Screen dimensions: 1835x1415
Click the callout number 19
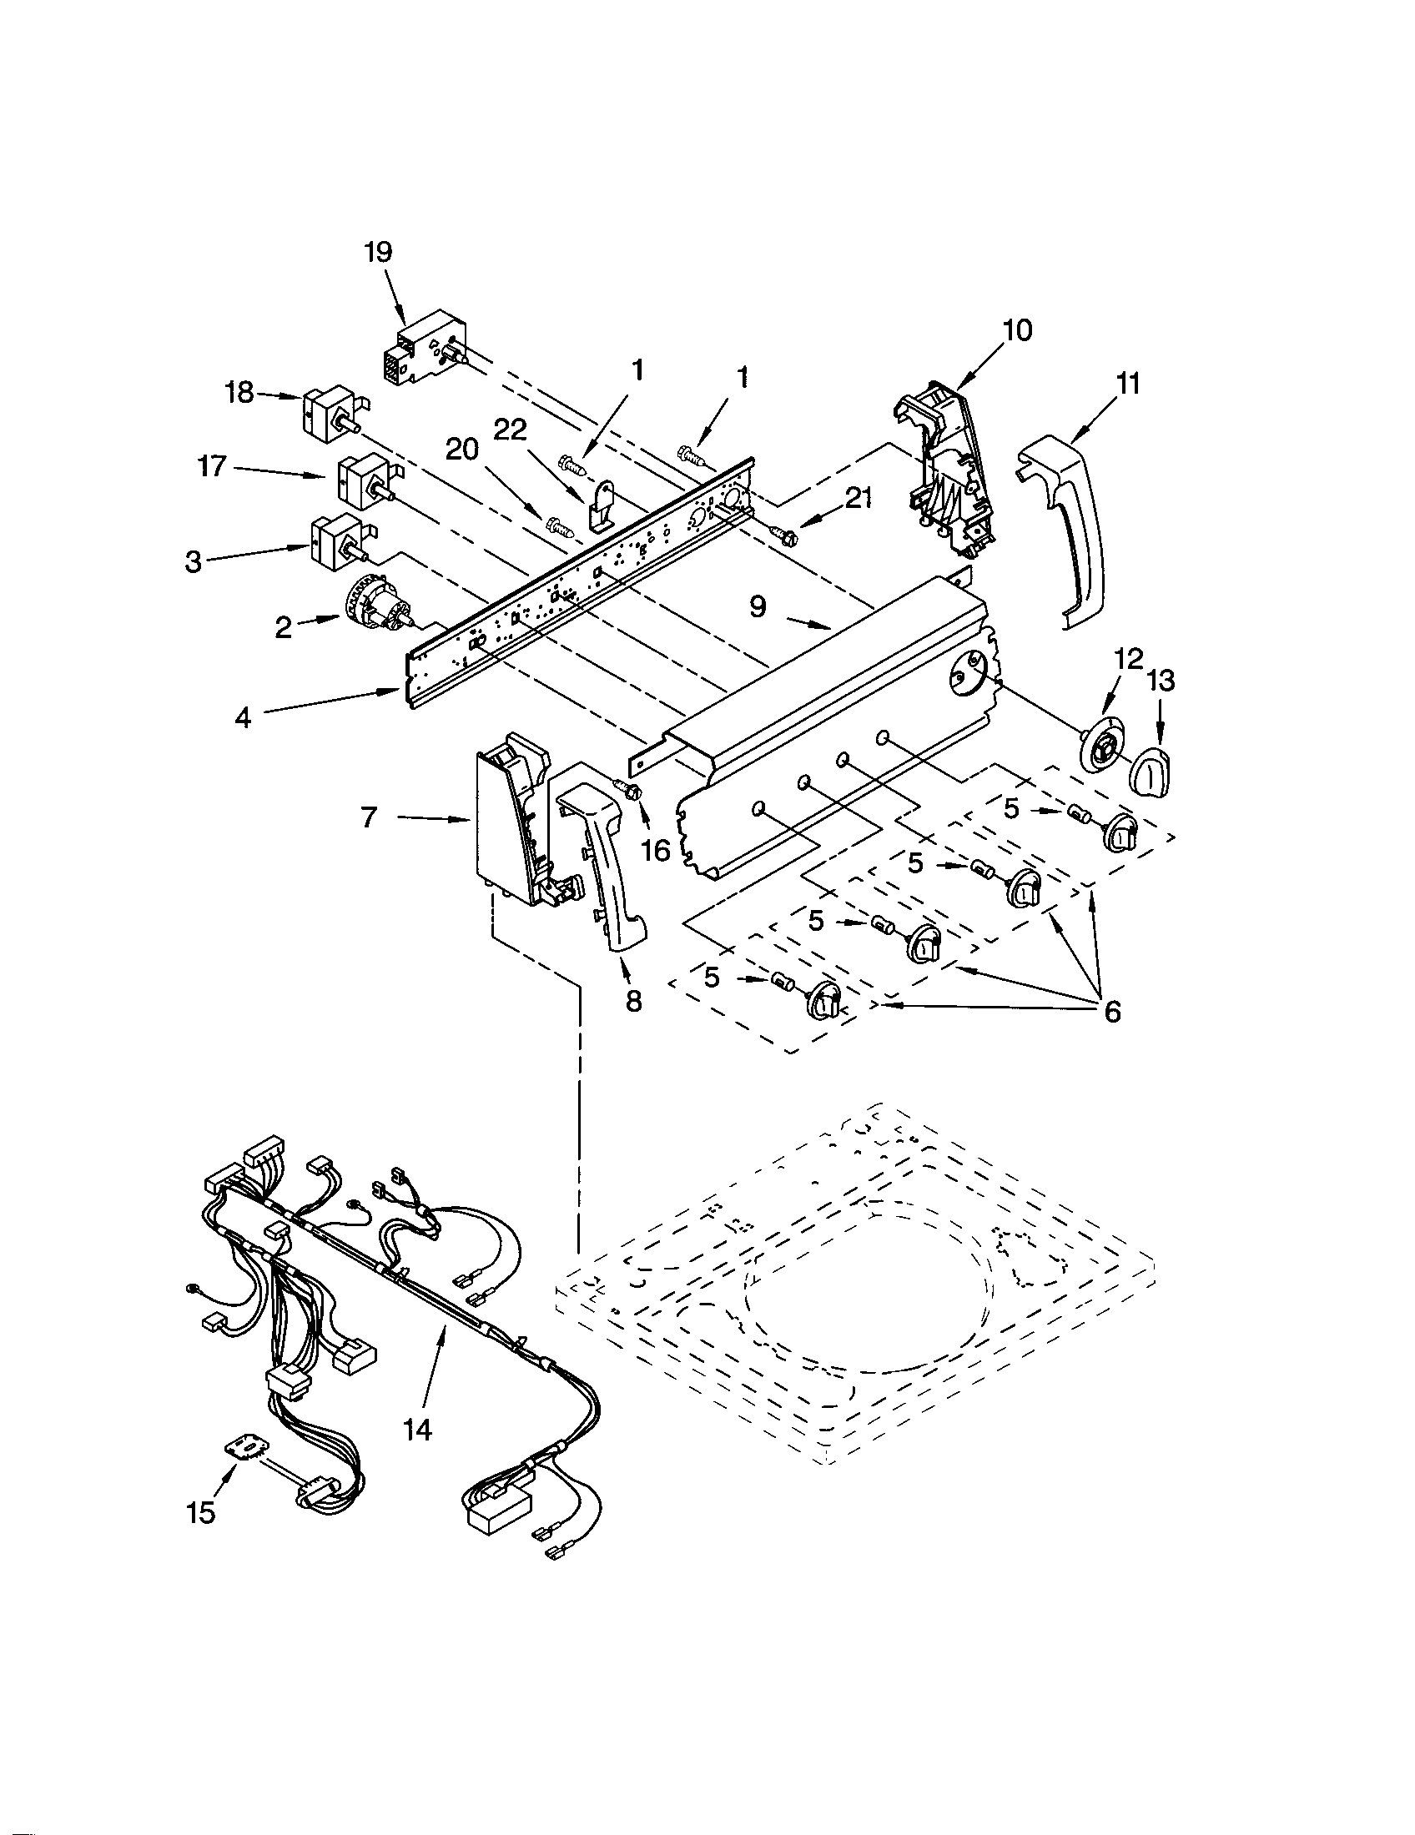point(379,251)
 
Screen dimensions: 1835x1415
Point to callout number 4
point(243,717)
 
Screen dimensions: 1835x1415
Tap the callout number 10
point(1017,331)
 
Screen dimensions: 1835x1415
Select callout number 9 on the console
point(758,606)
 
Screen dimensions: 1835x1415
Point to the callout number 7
point(369,817)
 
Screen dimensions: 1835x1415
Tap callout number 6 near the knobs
point(1111,1012)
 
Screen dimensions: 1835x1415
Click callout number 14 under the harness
point(418,1429)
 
